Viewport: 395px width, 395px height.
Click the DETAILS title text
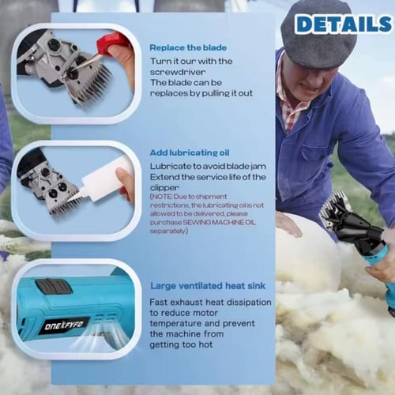(343, 24)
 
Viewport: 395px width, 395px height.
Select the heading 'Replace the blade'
(188, 47)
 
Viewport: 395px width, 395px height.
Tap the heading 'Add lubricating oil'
(190, 152)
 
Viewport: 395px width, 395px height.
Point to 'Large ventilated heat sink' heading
(208, 286)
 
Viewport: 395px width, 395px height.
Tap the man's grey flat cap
(318, 33)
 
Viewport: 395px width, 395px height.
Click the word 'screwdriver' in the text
(178, 72)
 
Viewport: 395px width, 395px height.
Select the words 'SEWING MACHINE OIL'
(219, 222)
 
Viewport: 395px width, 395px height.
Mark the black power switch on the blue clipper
(54, 287)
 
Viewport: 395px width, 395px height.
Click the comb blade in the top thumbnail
(92, 85)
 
